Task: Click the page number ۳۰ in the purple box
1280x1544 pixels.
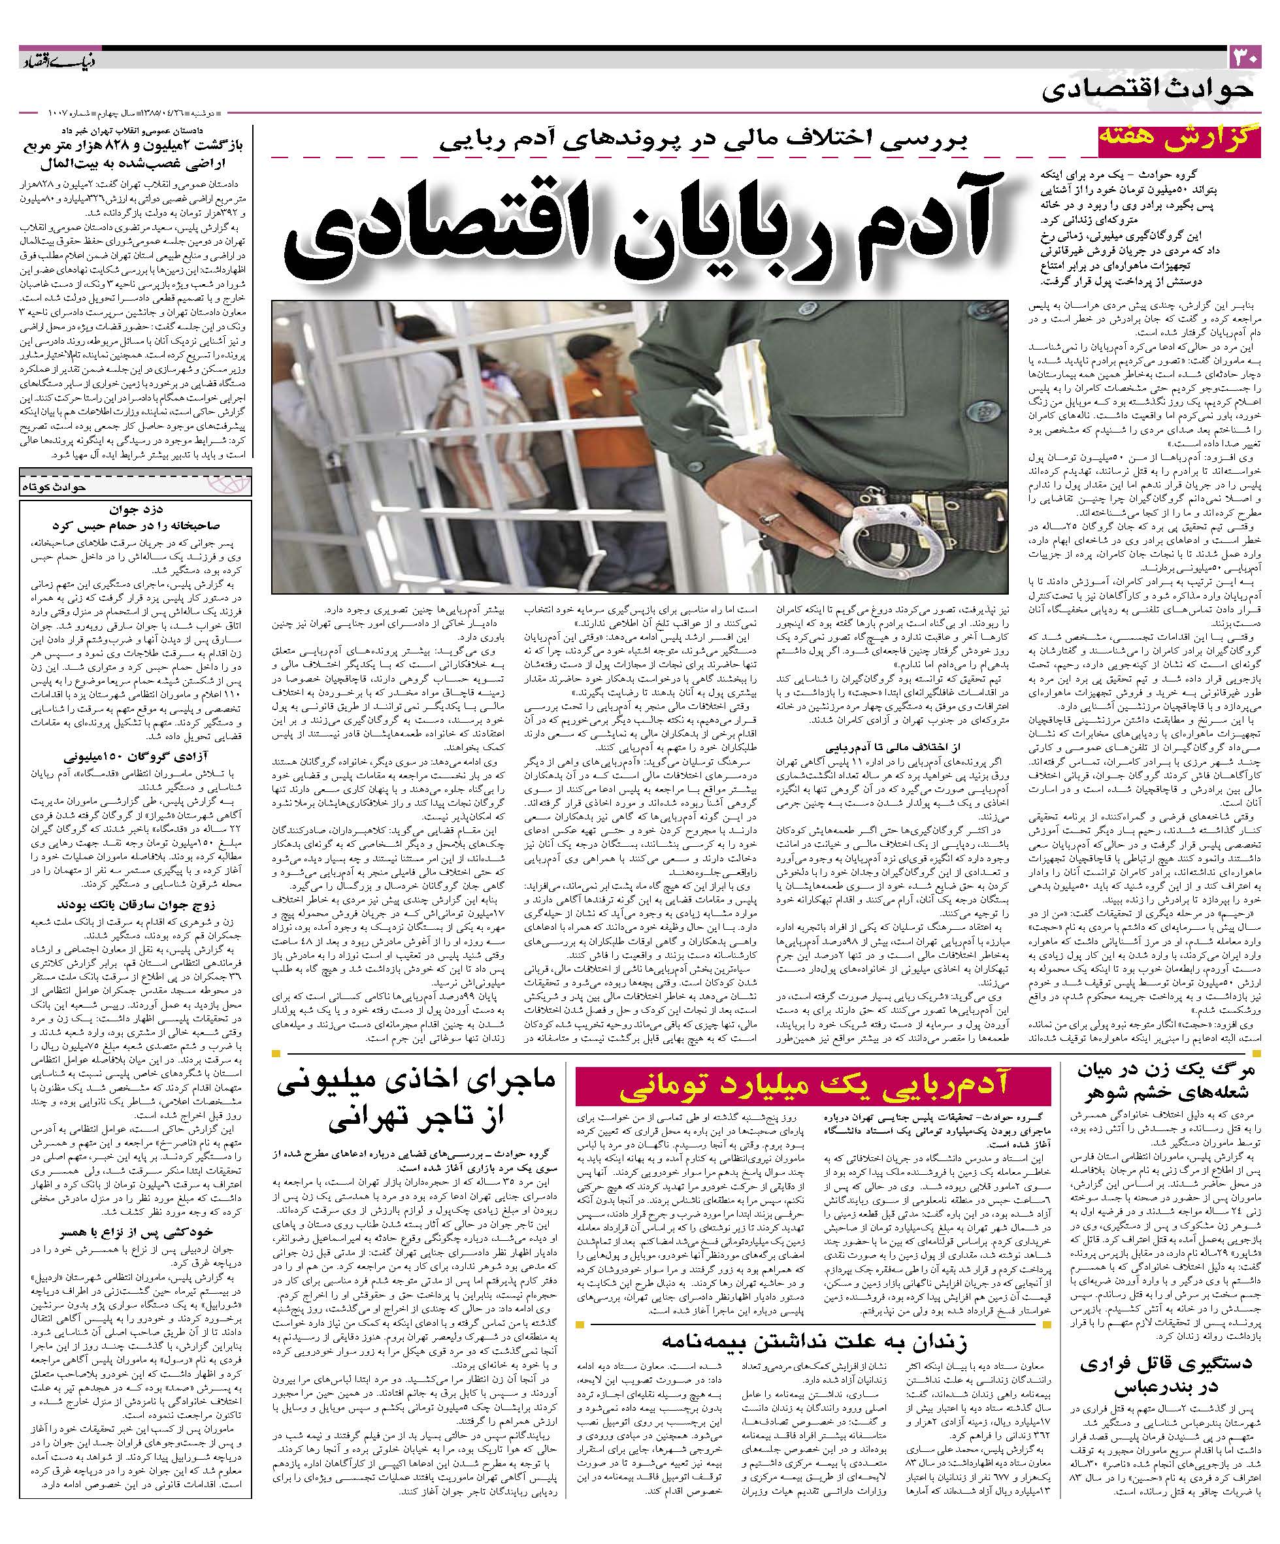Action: point(1245,57)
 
